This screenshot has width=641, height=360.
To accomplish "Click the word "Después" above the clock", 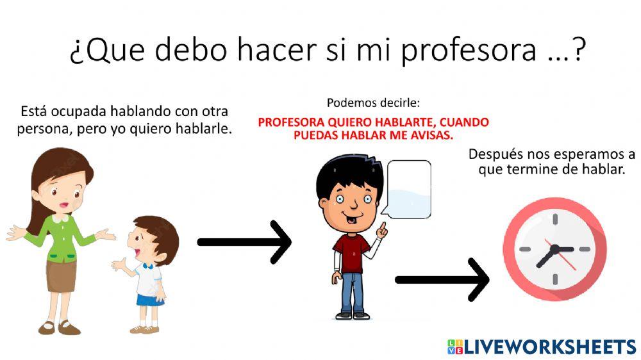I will point(498,154).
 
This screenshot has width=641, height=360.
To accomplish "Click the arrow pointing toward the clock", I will point(442,280).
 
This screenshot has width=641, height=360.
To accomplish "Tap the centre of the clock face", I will point(553,249).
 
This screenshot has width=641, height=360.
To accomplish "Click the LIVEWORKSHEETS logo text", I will point(548,347).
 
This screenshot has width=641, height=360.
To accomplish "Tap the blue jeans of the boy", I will point(353,291).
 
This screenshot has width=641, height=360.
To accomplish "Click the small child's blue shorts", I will point(149,299).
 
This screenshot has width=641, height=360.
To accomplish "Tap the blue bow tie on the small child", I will point(148,264).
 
